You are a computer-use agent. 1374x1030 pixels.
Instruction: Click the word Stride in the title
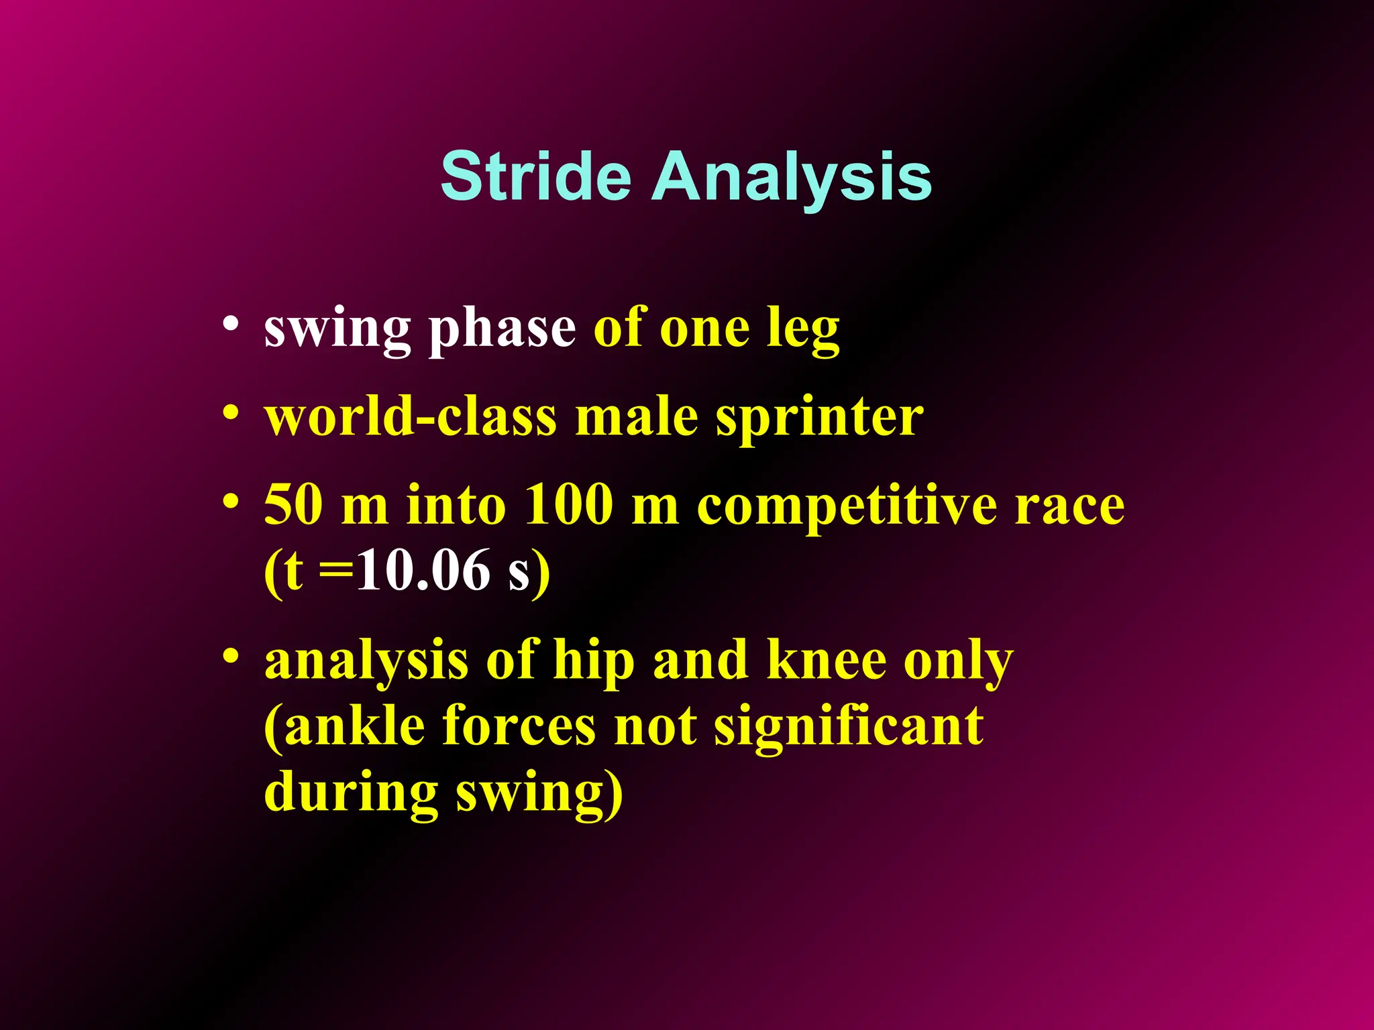(x=535, y=176)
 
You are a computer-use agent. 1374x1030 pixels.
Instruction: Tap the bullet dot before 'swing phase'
(x=231, y=323)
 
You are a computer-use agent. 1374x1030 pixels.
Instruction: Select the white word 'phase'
(x=502, y=330)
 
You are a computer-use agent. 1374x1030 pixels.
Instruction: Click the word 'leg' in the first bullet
(x=803, y=330)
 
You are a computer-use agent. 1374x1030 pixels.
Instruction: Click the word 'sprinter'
(x=819, y=418)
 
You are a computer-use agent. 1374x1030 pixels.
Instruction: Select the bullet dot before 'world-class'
(x=231, y=411)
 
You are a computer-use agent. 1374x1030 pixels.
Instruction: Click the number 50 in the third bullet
(x=293, y=504)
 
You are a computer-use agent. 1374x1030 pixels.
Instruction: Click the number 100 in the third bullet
(x=568, y=504)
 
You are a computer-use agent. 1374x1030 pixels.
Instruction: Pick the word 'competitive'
(x=847, y=507)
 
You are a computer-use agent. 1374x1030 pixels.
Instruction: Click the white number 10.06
(x=423, y=571)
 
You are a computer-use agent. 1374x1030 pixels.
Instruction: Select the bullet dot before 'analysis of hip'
(x=231, y=654)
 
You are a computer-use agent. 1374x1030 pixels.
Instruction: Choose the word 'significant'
(x=849, y=727)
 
